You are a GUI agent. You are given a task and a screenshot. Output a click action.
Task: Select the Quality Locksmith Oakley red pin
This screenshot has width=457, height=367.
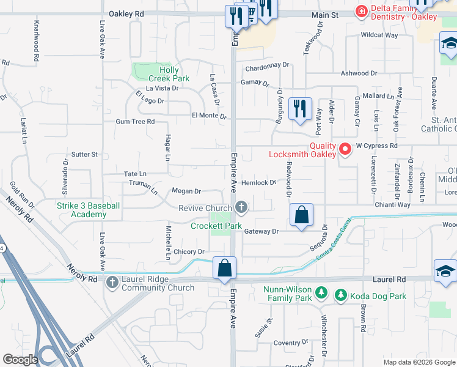click(x=345, y=148)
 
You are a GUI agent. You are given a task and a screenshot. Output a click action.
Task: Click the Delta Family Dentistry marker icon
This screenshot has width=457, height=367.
click(x=361, y=11)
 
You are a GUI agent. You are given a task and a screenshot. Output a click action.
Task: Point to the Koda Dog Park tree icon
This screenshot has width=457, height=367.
click(x=340, y=296)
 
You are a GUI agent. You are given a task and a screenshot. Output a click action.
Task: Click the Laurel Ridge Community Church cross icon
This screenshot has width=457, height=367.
click(x=112, y=283)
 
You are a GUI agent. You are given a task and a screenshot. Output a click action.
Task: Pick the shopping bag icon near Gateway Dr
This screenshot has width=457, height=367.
click(x=301, y=215)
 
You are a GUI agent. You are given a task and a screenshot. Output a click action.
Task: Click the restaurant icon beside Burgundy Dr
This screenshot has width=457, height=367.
click(x=299, y=109)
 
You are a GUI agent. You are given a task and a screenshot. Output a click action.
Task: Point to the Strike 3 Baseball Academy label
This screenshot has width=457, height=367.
click(x=89, y=210)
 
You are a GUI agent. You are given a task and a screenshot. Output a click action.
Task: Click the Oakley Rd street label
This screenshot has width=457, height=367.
click(x=126, y=13)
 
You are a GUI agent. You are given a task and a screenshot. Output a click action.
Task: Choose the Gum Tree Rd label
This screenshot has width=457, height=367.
click(x=135, y=122)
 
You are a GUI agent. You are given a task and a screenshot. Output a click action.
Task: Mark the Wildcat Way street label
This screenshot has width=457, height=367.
click(x=379, y=35)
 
